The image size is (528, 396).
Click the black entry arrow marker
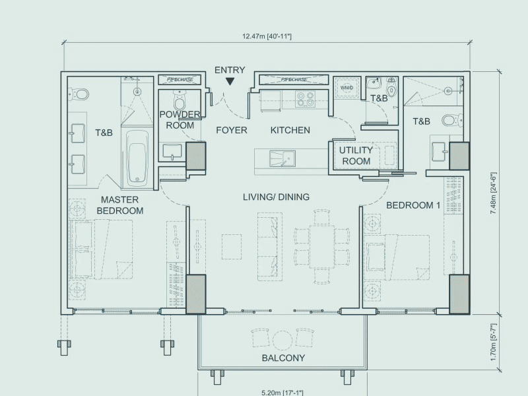click(229, 82)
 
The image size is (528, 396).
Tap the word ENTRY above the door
click(230, 70)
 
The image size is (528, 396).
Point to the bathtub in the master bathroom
click(137, 156)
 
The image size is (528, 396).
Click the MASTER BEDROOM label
click(120, 205)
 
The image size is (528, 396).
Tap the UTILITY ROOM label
click(356, 155)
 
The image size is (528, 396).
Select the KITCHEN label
click(290, 130)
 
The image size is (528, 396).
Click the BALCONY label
click(283, 358)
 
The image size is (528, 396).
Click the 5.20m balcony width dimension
click(283, 389)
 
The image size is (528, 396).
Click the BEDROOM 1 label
click(412, 205)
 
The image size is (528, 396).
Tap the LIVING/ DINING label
click(276, 197)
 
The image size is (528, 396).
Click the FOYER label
click(231, 130)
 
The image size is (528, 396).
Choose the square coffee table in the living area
click(233, 246)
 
